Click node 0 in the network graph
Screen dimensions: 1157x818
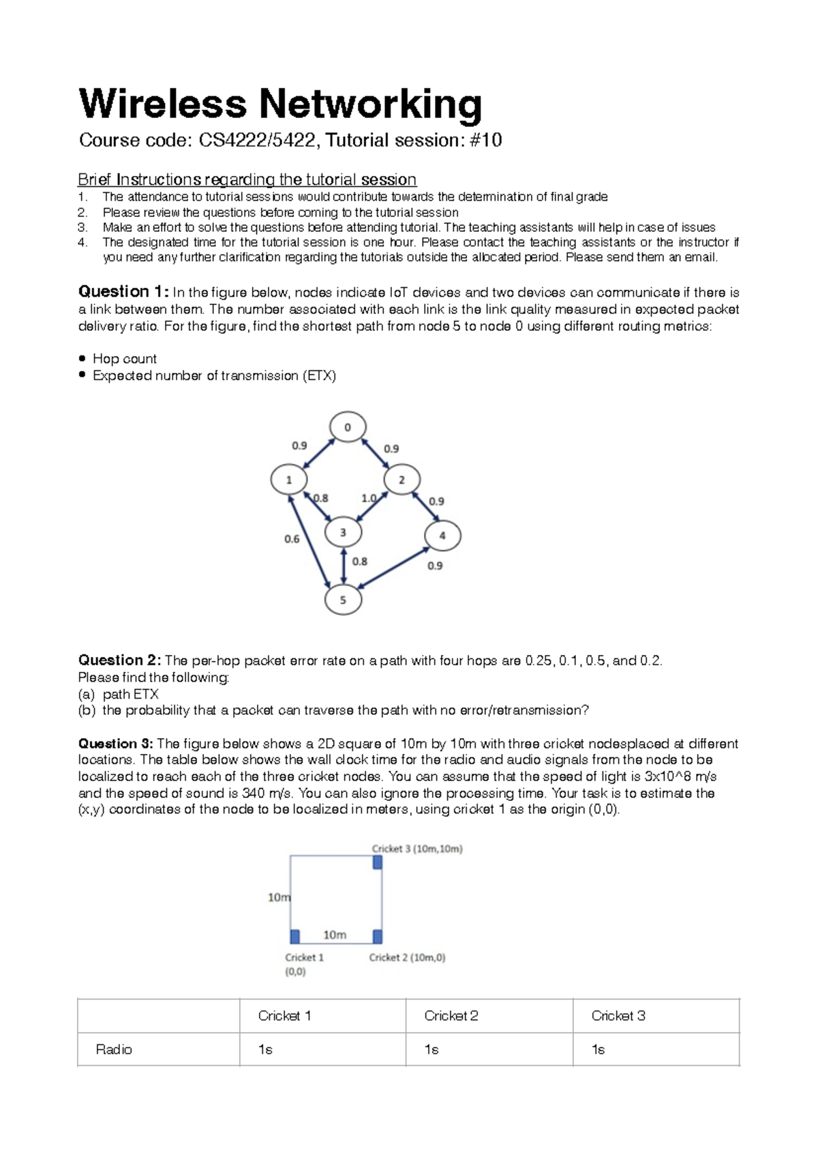tap(348, 427)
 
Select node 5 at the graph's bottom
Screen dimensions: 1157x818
tap(343, 600)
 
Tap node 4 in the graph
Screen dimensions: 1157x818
tap(442, 536)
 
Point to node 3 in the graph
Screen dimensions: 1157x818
tap(343, 532)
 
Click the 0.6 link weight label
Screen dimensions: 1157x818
tap(292, 539)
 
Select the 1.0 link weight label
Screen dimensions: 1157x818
tap(368, 499)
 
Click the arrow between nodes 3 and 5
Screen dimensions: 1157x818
tap(344, 566)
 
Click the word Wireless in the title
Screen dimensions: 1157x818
tap(162, 104)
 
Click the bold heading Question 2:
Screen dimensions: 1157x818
tap(119, 660)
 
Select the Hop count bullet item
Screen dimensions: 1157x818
tap(124, 359)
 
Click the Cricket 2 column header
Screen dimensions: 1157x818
tap(451, 1016)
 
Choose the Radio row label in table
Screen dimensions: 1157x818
tap(114, 1049)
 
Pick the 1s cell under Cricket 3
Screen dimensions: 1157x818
tap(599, 1049)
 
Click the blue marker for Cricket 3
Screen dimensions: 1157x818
tap(378, 862)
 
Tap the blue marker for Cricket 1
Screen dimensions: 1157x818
tap(295, 937)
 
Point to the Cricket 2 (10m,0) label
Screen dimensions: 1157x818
tap(407, 958)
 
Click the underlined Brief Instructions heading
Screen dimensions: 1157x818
tap(247, 179)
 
